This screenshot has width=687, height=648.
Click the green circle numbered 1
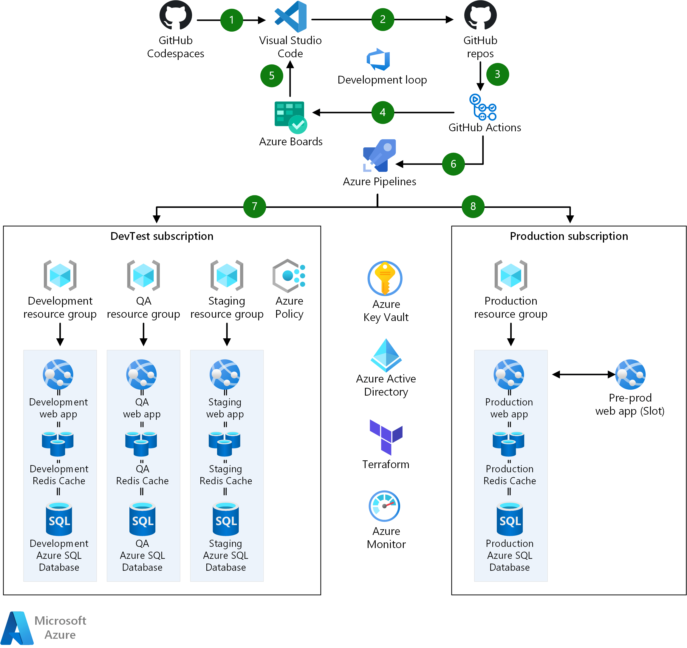[x=231, y=20]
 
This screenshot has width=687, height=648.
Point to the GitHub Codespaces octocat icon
[x=176, y=16]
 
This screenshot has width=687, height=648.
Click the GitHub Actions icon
[x=482, y=107]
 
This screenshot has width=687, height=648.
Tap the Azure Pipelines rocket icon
[x=379, y=156]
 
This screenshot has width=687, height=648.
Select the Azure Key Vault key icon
[x=385, y=278]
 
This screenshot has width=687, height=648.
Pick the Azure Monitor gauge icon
[x=384, y=506]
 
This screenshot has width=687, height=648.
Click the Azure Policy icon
[x=289, y=276]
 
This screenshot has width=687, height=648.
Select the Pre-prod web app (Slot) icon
[x=630, y=374]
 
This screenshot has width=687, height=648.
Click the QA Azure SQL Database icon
[x=142, y=519]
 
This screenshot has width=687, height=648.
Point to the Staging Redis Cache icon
[x=225, y=444]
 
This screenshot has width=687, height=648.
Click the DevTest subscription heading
[x=162, y=236]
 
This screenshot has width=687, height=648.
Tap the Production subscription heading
[x=569, y=236]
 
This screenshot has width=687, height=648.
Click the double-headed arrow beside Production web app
[x=583, y=374]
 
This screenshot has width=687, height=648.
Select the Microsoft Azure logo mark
[x=17, y=628]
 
